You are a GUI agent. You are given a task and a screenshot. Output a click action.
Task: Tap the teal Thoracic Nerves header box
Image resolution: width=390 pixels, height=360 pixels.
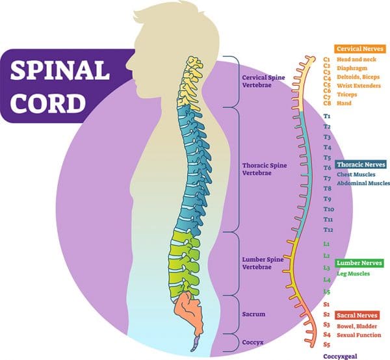[x=360, y=165]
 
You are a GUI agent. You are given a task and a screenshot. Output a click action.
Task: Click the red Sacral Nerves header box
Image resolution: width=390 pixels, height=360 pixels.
[x=357, y=315]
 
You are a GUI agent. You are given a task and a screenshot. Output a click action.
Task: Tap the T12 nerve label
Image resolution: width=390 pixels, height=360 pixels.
[x=328, y=230]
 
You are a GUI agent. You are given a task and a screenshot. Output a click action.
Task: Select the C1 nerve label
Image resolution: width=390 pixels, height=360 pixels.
[x=327, y=58]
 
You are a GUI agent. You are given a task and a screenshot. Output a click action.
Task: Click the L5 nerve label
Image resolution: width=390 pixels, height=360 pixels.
[x=327, y=291]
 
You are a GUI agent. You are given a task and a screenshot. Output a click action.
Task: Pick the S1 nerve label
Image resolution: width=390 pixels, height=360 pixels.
[x=326, y=304]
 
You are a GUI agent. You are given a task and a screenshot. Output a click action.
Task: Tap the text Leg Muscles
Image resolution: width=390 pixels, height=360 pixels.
[x=354, y=274]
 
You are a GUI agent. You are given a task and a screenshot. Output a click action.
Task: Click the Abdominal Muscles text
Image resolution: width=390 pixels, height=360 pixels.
[x=363, y=184]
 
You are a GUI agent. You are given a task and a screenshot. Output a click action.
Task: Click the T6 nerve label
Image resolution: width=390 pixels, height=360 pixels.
[x=328, y=168]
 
